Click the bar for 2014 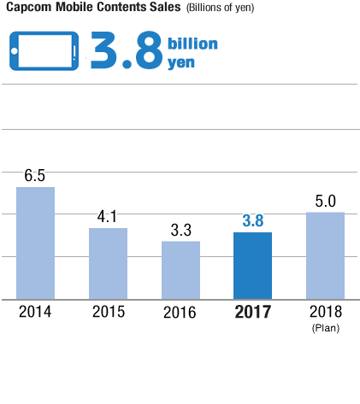click(35, 243)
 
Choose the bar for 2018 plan click(325, 255)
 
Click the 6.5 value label click(35, 176)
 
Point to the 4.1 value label click(108, 217)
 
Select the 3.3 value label click(180, 230)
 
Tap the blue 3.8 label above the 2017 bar click(252, 221)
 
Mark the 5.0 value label click(325, 202)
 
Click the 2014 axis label click(35, 312)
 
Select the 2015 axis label click(108, 312)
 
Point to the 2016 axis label click(180, 312)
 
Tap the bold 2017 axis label click(252, 312)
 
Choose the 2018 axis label click(325, 311)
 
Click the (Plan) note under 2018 click(325, 326)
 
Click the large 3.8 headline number click(126, 52)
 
